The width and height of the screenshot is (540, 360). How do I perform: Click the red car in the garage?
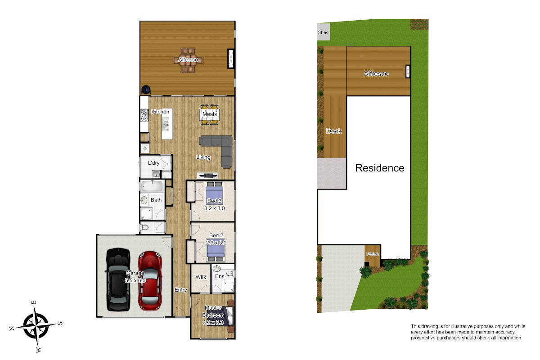(x=150, y=281)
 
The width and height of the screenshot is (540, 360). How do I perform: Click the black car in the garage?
(x=118, y=280)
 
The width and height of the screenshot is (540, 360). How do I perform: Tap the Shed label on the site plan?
(x=323, y=32)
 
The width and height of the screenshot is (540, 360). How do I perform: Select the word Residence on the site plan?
(x=380, y=168)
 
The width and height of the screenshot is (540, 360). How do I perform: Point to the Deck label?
(x=334, y=131)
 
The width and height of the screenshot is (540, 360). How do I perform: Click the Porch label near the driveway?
(x=373, y=254)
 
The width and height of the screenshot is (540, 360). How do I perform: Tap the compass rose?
(x=36, y=326)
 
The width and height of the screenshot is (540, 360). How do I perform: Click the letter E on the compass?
(x=34, y=302)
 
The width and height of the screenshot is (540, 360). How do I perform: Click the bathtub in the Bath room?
(x=153, y=186)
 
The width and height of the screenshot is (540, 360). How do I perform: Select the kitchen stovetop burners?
(x=144, y=115)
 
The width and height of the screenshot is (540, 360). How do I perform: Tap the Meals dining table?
(x=210, y=115)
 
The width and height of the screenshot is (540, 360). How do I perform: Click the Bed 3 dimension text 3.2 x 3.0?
(x=214, y=208)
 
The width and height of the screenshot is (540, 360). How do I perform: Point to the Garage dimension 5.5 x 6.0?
(x=135, y=280)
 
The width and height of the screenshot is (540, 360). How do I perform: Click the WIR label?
(x=201, y=277)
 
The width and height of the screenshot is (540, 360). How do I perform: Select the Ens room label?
(x=220, y=276)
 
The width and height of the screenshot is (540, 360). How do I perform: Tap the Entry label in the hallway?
(x=181, y=290)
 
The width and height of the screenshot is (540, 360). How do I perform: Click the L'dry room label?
(x=153, y=163)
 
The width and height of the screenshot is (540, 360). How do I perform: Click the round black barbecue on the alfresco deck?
(x=146, y=90)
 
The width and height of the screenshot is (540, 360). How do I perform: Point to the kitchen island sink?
(x=166, y=125)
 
